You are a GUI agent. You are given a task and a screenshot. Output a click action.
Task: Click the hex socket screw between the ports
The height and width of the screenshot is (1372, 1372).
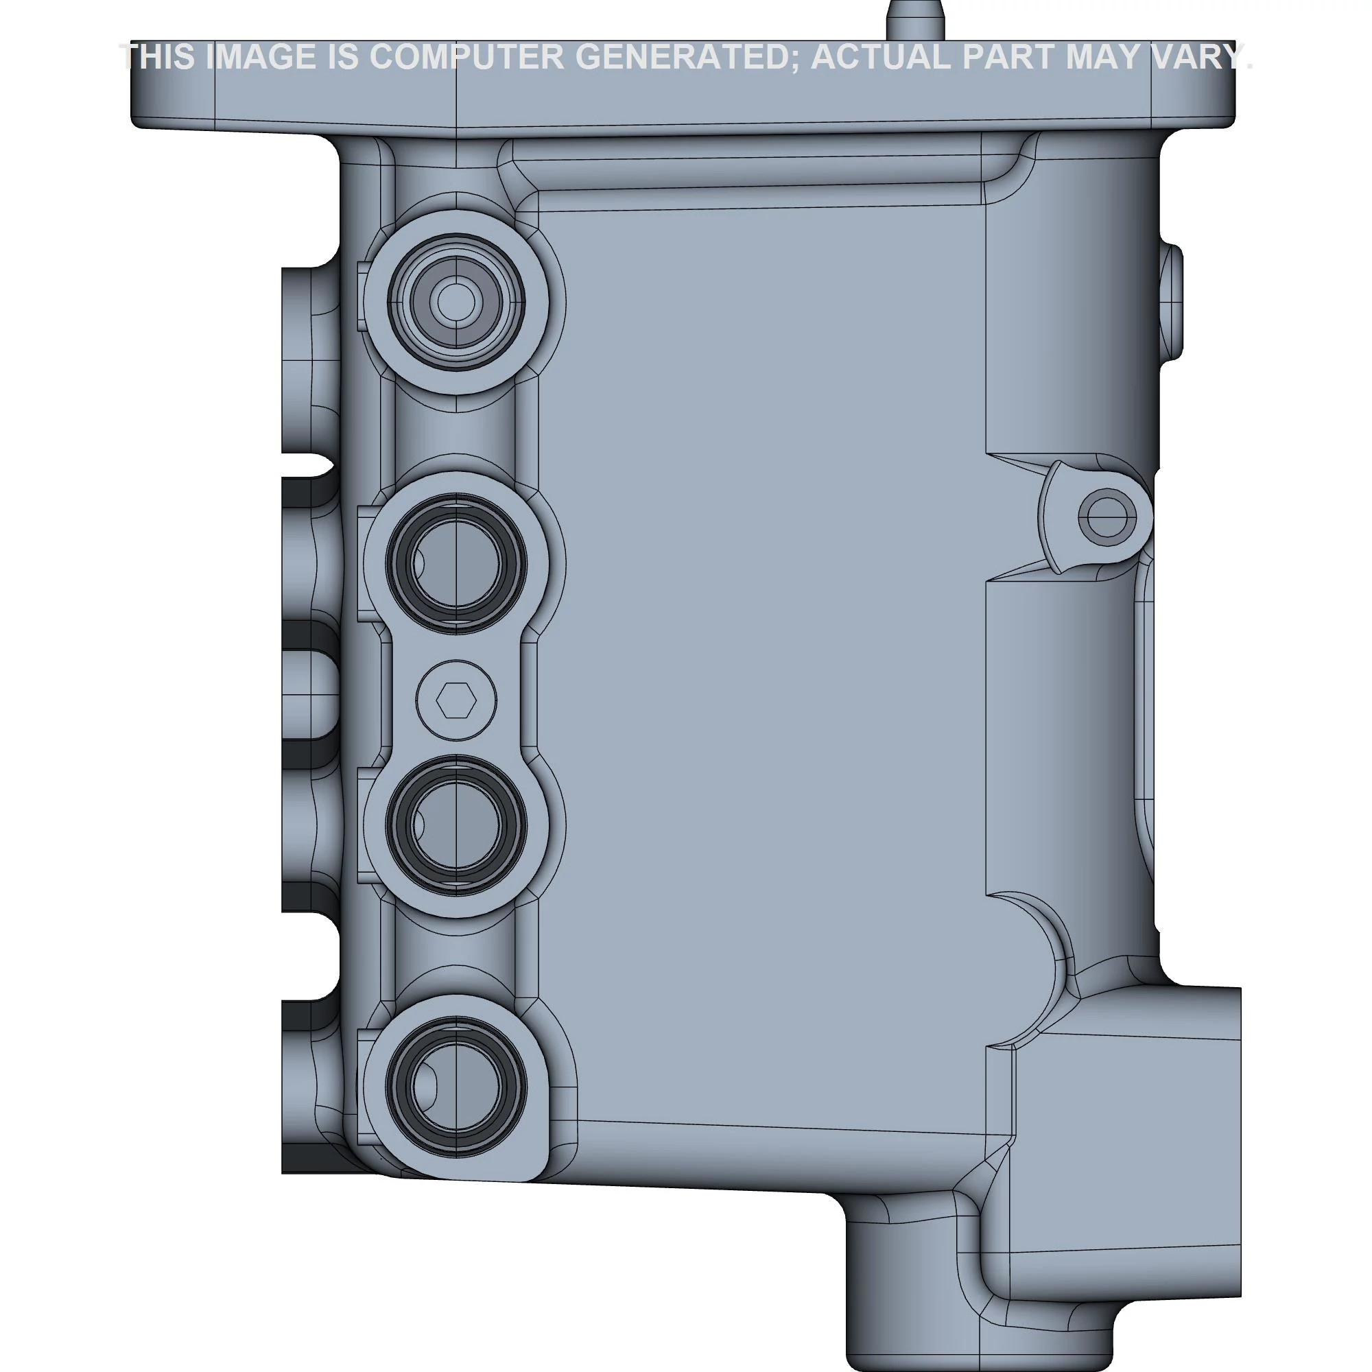tap(456, 702)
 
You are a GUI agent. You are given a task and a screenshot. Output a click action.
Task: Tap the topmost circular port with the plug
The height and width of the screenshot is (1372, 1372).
tap(456, 303)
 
